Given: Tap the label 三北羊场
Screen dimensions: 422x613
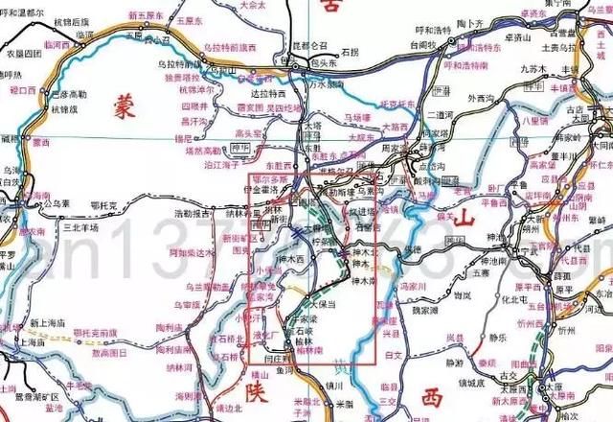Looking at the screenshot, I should (79, 227).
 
